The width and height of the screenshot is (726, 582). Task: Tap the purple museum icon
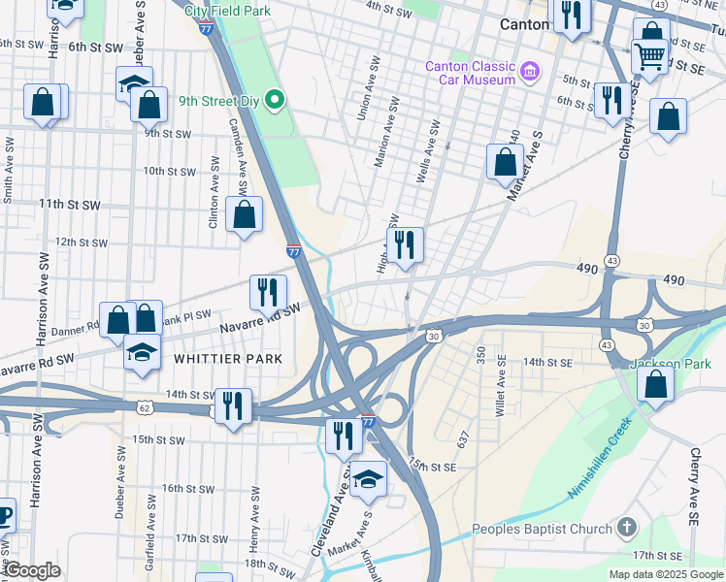530,71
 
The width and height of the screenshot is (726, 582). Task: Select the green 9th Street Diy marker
275,99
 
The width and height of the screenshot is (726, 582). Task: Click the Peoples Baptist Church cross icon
627,529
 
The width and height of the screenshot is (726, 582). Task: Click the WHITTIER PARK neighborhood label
228,359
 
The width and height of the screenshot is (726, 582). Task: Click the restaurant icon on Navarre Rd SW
268,290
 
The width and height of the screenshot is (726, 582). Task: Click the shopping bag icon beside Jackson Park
656,384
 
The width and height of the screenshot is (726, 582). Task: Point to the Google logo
32,570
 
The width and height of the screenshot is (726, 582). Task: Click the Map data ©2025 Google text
666,574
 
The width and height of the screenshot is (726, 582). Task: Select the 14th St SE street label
546,362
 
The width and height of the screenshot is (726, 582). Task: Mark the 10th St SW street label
170,171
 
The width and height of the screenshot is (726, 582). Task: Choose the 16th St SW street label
188,488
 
